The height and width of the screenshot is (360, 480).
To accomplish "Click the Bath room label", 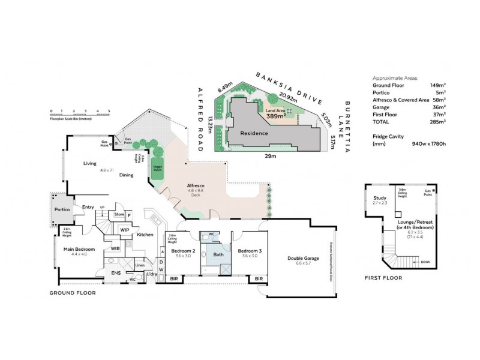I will coord(218,254).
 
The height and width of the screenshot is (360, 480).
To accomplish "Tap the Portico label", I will coord(62,209).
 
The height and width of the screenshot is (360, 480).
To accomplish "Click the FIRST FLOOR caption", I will coord(383,278).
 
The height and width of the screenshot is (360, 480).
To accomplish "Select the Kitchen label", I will coord(146,235).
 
